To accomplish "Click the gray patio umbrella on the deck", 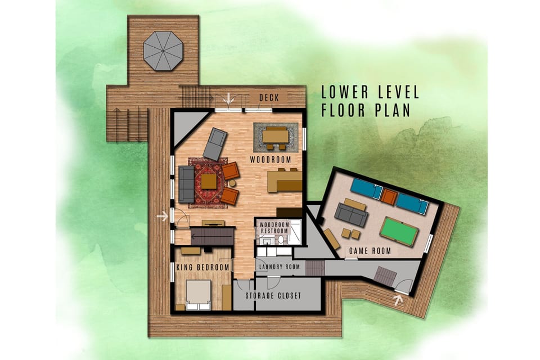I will [x=163, y=51].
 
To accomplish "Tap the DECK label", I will [x=269, y=98].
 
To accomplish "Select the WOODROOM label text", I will [x=271, y=160].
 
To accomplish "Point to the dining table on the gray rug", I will [x=274, y=136].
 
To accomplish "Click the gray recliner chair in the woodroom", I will [x=214, y=143].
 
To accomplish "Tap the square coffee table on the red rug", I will [x=209, y=181].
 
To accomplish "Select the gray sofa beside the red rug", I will [x=186, y=184].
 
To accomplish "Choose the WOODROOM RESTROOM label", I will [x=273, y=228].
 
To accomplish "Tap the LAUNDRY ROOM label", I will [x=278, y=267].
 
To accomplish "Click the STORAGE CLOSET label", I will [x=273, y=296].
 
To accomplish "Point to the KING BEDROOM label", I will [x=203, y=267].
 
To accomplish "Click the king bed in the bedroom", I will [x=199, y=295].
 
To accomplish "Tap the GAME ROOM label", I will [x=370, y=251].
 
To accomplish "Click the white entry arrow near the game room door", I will [x=399, y=300].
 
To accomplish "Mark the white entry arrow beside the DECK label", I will [x=228, y=98].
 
